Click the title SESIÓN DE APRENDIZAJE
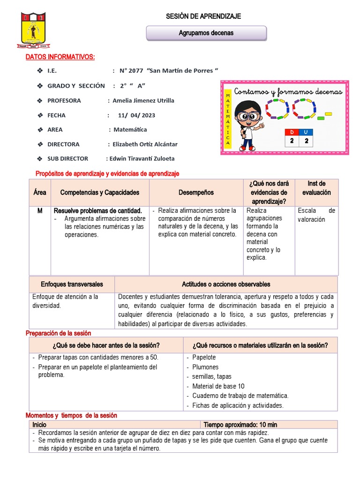203,16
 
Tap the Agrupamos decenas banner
206,33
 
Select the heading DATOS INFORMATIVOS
60,57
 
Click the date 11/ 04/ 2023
136,115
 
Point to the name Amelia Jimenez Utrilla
144,101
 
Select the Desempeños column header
196,193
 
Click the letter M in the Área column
40,211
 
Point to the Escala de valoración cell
316,215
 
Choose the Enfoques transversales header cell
72,285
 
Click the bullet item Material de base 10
218,386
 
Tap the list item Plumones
205,367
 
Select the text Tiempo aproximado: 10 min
240,425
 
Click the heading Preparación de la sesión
58,333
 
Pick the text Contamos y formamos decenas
288,92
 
